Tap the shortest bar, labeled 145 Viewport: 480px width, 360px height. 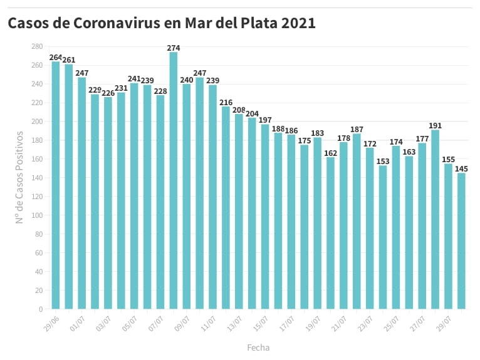(461, 240)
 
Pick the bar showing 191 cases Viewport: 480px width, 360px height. (435, 219)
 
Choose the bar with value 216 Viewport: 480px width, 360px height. (226, 207)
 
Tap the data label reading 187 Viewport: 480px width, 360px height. (357, 129)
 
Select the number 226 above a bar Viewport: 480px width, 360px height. (108, 93)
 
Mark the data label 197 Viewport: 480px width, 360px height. (265, 120)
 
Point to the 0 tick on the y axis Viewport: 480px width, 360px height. (40, 309)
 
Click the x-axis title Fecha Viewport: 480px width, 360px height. (258, 347)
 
